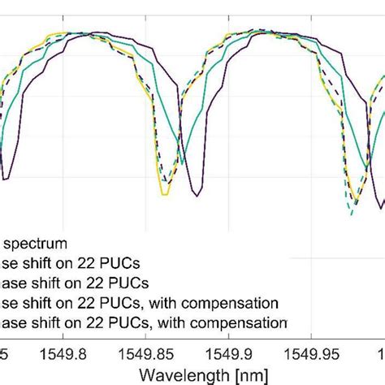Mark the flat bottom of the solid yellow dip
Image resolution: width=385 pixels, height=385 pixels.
coord(165,194)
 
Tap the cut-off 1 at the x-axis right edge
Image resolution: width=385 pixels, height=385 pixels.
coord(381,354)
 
